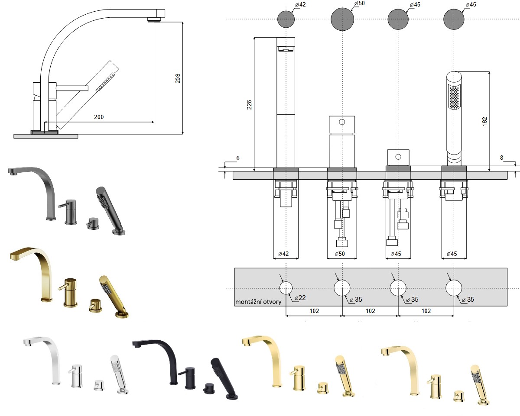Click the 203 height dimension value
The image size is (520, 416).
pyautogui.click(x=178, y=79)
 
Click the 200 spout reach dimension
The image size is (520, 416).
pyautogui.click(x=99, y=117)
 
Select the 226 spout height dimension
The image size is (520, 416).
pyautogui.click(x=249, y=105)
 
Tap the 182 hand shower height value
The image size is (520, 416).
pyautogui.click(x=484, y=122)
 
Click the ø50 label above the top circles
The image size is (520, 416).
pyautogui.click(x=359, y=3)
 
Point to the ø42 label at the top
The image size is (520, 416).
pyautogui.click(x=300, y=5)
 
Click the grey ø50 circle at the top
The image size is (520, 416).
pyautogui.click(x=342, y=19)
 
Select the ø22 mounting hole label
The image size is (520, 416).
pyautogui.click(x=300, y=298)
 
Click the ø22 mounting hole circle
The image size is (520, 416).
pyautogui.click(x=286, y=288)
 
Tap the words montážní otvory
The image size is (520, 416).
pyautogui.click(x=258, y=302)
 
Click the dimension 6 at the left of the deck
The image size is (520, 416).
pyautogui.click(x=238, y=158)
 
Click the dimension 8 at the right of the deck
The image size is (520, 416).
pyautogui.click(x=501, y=158)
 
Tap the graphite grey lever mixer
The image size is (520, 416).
pyautogui.click(x=68, y=212)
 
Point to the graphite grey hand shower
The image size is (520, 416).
pyautogui.click(x=110, y=210)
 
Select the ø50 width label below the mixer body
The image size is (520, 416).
pyautogui.click(x=340, y=254)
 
